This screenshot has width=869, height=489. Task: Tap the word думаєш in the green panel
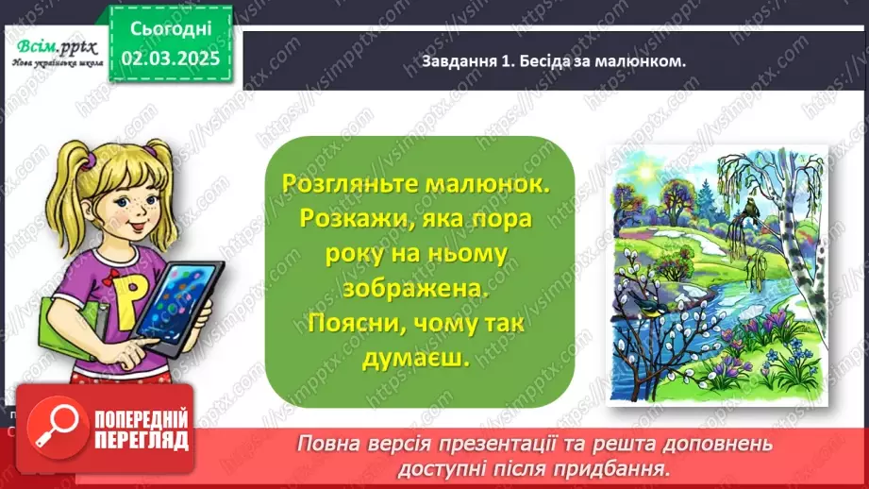[x=414, y=361]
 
